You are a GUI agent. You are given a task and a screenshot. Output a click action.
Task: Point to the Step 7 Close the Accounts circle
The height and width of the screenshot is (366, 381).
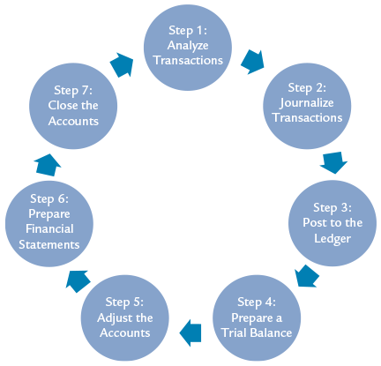coord(74,103)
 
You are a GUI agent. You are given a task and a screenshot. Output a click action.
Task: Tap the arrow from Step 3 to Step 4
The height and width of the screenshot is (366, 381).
coord(305,276)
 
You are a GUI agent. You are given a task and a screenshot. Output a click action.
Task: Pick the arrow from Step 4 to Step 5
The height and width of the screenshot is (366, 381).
coord(190,332)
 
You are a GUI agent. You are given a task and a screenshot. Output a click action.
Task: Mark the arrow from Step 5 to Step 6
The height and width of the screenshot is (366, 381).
coord(77,279)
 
